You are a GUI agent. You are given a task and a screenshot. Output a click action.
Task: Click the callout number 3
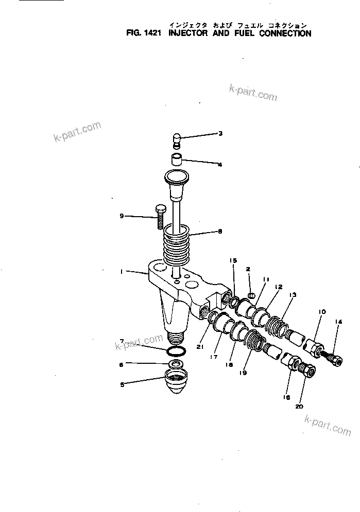(220, 134)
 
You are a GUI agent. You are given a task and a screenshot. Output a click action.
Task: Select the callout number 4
(220, 165)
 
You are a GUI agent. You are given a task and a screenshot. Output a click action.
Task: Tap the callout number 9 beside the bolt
(122, 216)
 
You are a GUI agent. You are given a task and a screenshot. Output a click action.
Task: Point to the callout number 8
(220, 232)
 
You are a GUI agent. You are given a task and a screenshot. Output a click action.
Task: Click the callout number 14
(338, 323)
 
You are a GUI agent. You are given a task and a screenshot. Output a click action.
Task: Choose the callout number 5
(122, 383)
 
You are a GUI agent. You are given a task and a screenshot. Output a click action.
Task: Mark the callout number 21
(199, 348)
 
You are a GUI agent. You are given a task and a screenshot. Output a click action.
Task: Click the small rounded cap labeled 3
(176, 139)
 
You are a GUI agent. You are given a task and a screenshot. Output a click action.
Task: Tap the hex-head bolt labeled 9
(159, 216)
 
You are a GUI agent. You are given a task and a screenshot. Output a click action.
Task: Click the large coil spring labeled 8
(176, 244)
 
